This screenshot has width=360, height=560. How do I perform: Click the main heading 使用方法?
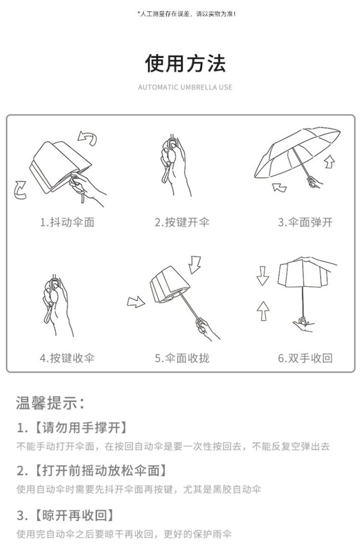[x=185, y=63]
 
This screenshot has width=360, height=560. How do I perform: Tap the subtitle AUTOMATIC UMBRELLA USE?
[x=185, y=87]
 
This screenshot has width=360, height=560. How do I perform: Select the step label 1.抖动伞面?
[x=67, y=222]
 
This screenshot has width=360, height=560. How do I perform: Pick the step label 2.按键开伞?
[x=182, y=222]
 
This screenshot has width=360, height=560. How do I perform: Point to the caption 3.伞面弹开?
[x=305, y=222]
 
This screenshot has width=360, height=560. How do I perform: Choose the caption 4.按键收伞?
[x=67, y=358]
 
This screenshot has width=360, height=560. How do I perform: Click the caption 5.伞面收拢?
[x=182, y=358]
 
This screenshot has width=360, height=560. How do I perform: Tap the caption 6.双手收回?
[x=305, y=358]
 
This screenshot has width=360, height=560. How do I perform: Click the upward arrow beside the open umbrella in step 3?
[x=330, y=161]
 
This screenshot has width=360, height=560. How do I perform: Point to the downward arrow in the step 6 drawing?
[x=263, y=276]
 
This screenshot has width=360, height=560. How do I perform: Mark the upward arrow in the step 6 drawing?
[x=263, y=310]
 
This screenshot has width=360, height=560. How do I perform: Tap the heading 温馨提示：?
[x=50, y=403]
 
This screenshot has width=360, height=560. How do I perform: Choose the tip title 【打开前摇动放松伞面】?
[x=101, y=471]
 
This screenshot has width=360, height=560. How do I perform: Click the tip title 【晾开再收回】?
[x=74, y=515]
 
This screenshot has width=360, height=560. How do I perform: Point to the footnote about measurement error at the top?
[x=186, y=14]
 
